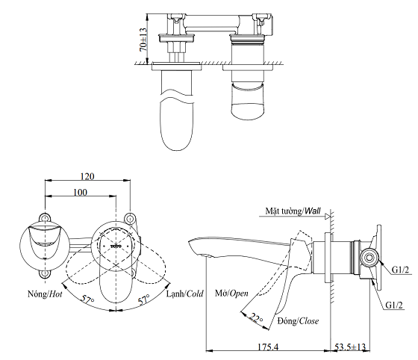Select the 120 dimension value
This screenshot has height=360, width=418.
(88, 176)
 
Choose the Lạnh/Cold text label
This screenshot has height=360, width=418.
(186, 294)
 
